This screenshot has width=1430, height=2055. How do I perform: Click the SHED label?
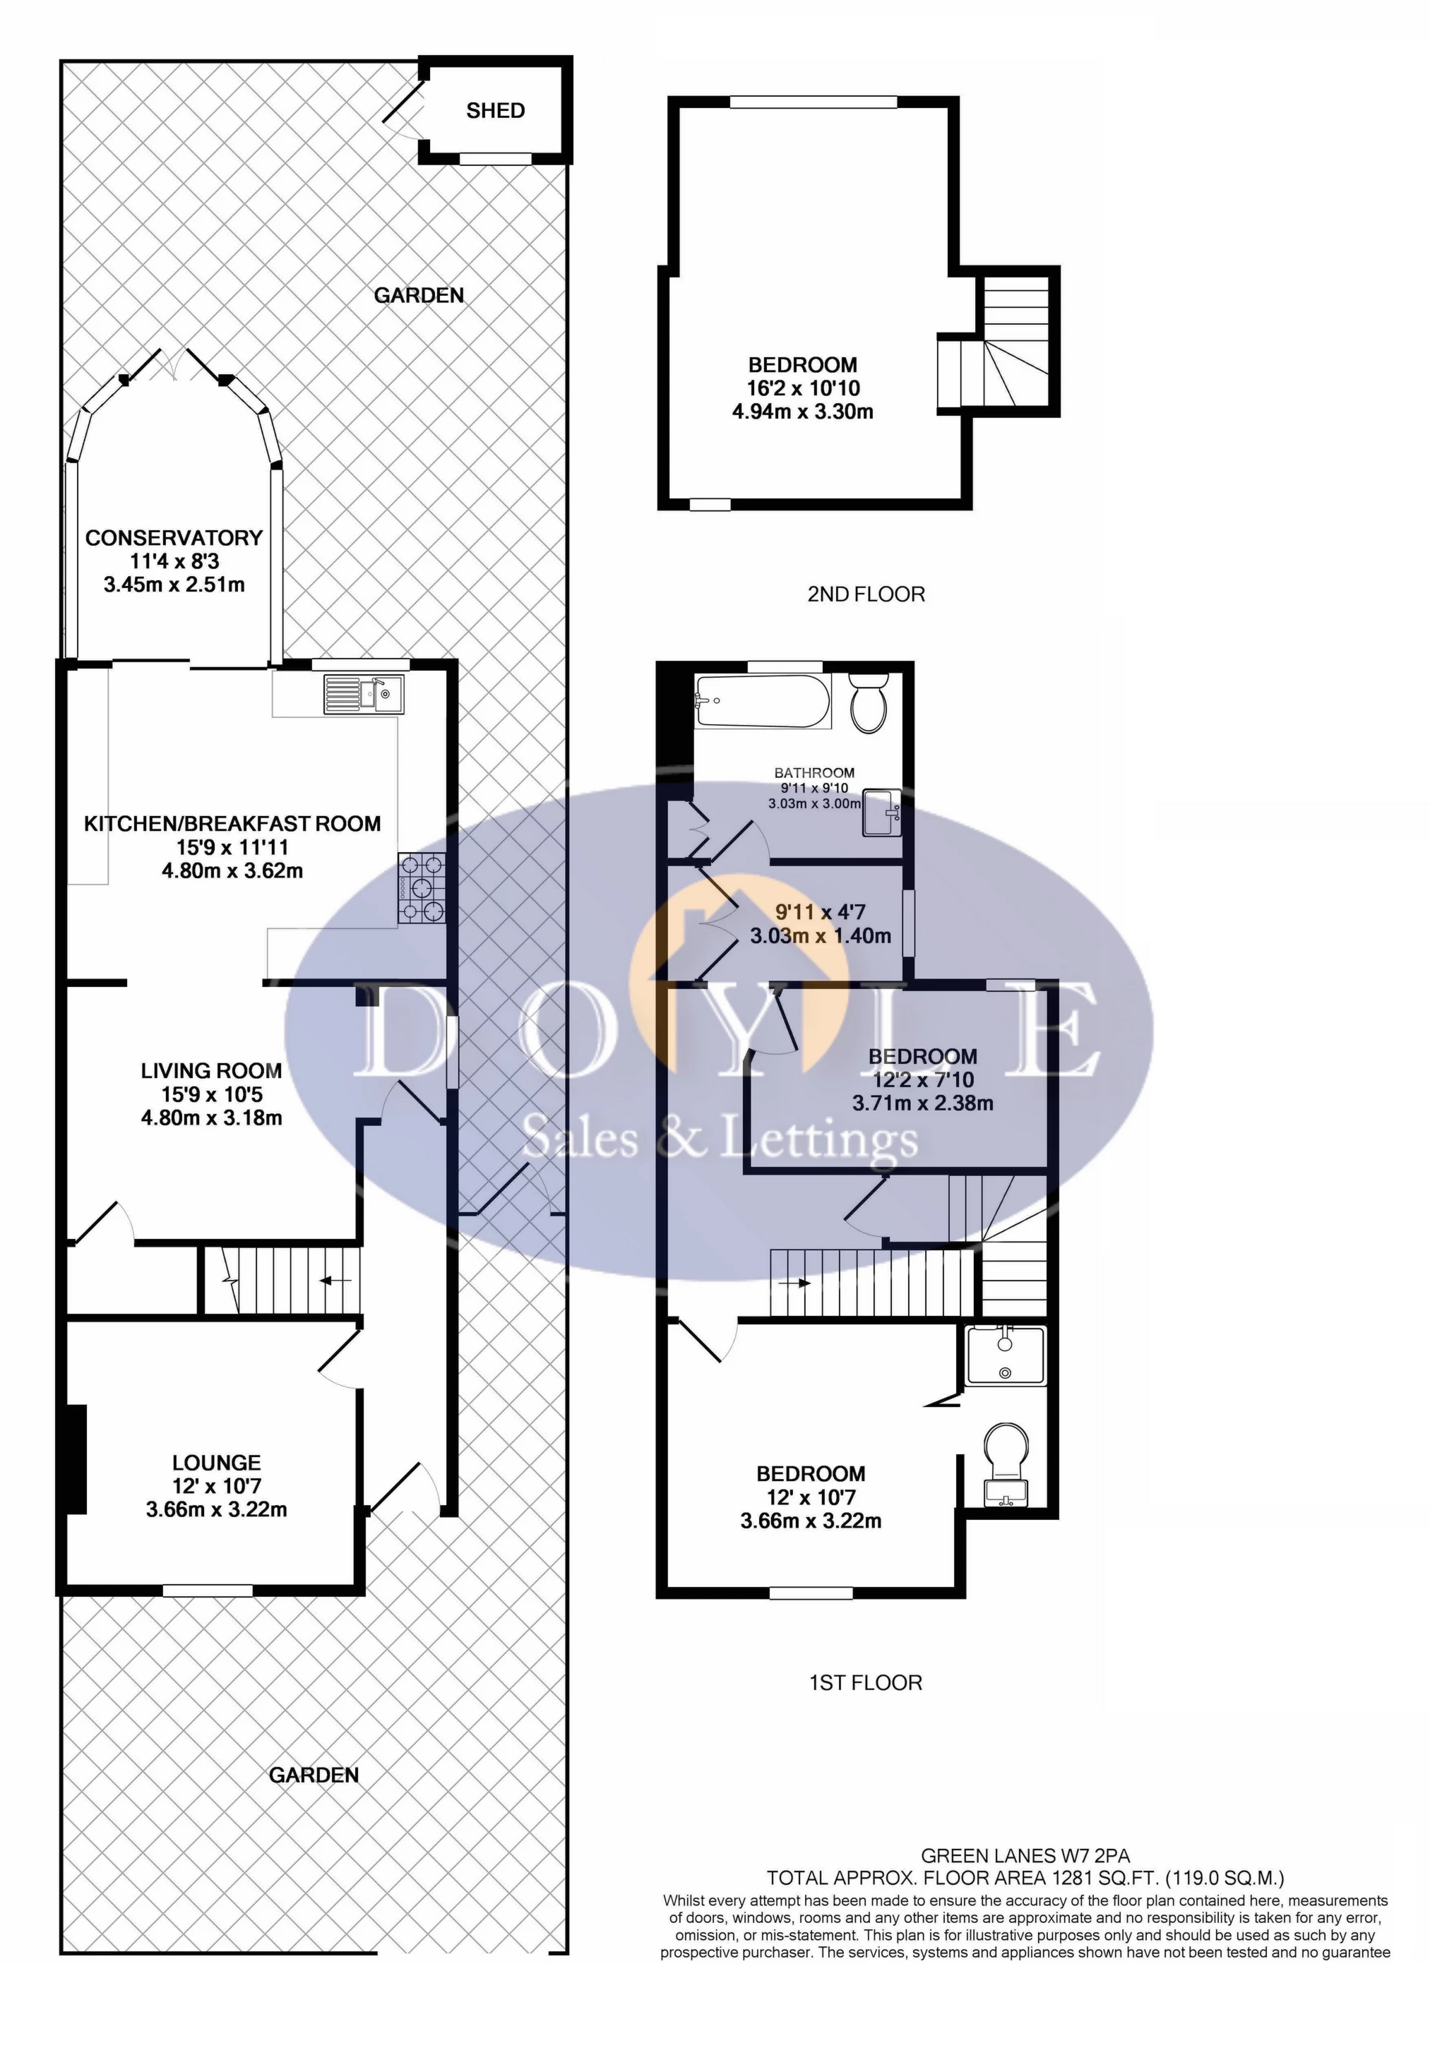(x=495, y=111)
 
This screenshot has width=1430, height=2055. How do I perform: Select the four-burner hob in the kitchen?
(x=422, y=888)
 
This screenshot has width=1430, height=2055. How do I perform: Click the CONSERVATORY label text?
(x=174, y=538)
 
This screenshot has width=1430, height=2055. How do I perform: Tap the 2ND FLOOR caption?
(x=865, y=594)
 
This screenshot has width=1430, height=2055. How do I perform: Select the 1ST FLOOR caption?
(x=865, y=1683)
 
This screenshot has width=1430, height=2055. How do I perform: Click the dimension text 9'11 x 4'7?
(x=820, y=912)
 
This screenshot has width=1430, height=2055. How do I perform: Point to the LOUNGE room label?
(x=217, y=1463)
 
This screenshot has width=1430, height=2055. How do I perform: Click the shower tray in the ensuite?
(x=1006, y=1357)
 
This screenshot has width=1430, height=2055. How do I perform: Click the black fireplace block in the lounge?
(x=76, y=1459)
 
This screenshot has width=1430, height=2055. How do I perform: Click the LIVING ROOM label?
(x=211, y=1070)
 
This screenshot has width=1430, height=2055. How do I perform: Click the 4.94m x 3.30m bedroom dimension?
(x=802, y=412)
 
